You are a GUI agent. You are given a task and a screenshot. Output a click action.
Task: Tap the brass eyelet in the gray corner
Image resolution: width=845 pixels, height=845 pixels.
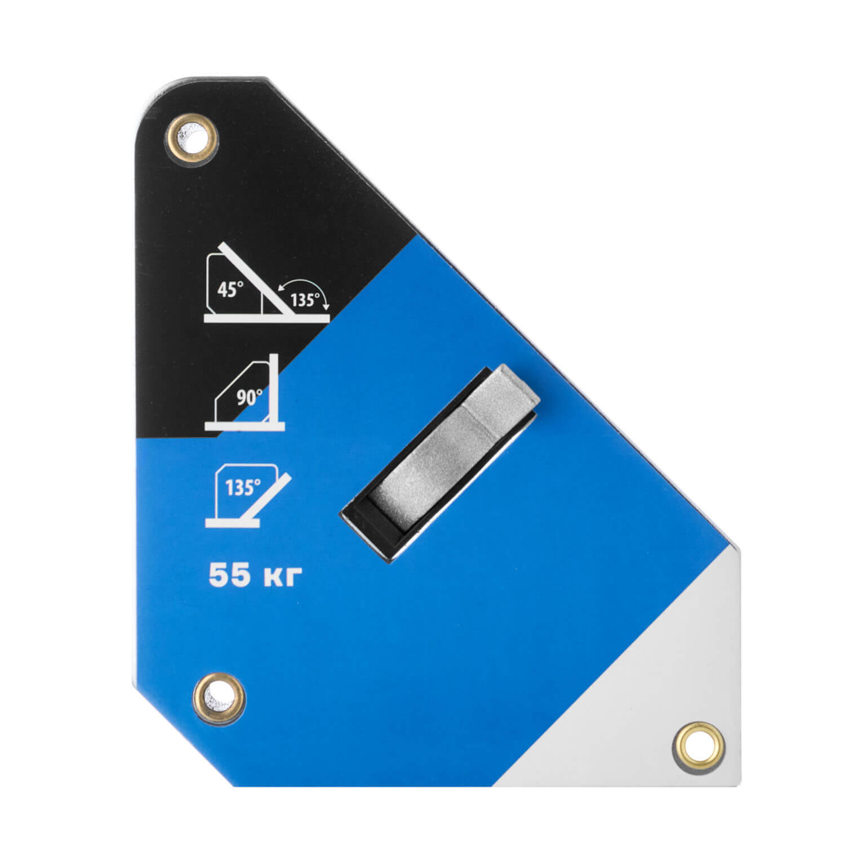coord(699,747)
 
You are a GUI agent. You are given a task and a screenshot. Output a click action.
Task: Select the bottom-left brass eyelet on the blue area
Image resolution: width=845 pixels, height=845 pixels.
coord(219,698)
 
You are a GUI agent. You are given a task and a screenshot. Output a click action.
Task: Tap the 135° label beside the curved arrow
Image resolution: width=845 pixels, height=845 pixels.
coord(305,300)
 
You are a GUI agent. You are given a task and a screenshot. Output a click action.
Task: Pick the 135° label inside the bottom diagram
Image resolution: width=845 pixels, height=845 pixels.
coord(243,487)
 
